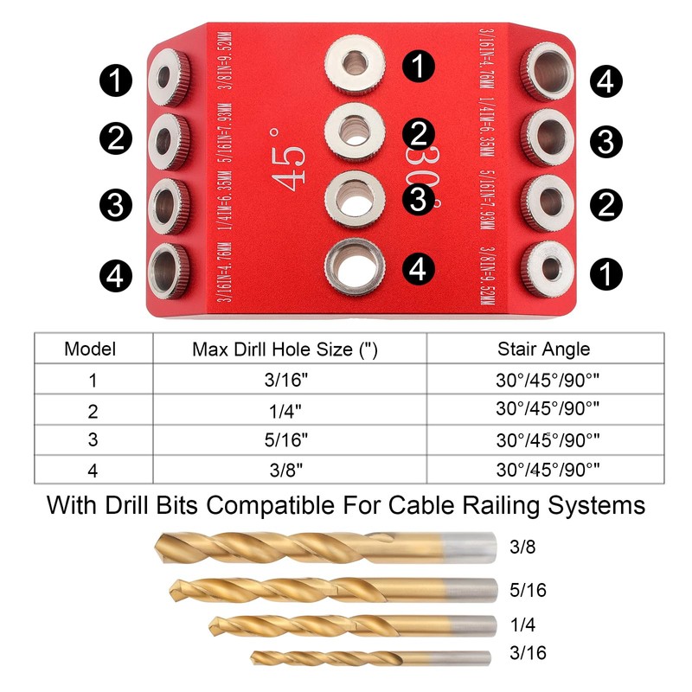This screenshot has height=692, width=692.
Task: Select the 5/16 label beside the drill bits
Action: point(529,590)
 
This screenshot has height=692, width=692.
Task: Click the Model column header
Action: point(90,349)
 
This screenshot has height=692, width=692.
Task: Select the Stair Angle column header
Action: point(543,349)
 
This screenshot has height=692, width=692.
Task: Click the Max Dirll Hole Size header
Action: point(285,349)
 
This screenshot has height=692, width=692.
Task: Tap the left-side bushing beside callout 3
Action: point(168,204)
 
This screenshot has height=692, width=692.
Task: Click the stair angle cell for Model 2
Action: point(543,409)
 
